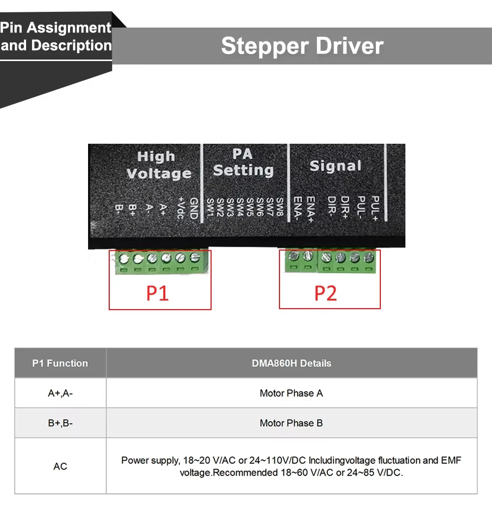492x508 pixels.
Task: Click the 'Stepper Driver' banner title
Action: [x=302, y=46]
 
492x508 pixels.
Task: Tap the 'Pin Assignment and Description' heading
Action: [x=56, y=36]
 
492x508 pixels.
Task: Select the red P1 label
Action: [x=157, y=293]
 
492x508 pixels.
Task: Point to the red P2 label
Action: [x=326, y=293]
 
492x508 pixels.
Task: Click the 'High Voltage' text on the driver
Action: [x=158, y=165]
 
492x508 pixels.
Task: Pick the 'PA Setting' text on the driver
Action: [x=243, y=162]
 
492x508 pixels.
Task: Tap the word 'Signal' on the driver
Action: [x=336, y=166]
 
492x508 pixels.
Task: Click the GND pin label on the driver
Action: [x=193, y=208]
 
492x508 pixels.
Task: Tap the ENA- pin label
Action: [x=297, y=209]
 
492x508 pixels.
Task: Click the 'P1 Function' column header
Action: [x=60, y=363]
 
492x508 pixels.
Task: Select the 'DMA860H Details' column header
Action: [x=291, y=363]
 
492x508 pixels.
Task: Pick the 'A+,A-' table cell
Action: [x=60, y=393]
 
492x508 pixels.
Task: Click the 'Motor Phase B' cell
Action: [x=291, y=423]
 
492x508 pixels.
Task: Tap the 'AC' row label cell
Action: [x=60, y=466]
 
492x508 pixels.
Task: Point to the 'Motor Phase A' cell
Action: [x=291, y=393]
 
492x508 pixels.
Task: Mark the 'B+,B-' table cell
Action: [x=60, y=423]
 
